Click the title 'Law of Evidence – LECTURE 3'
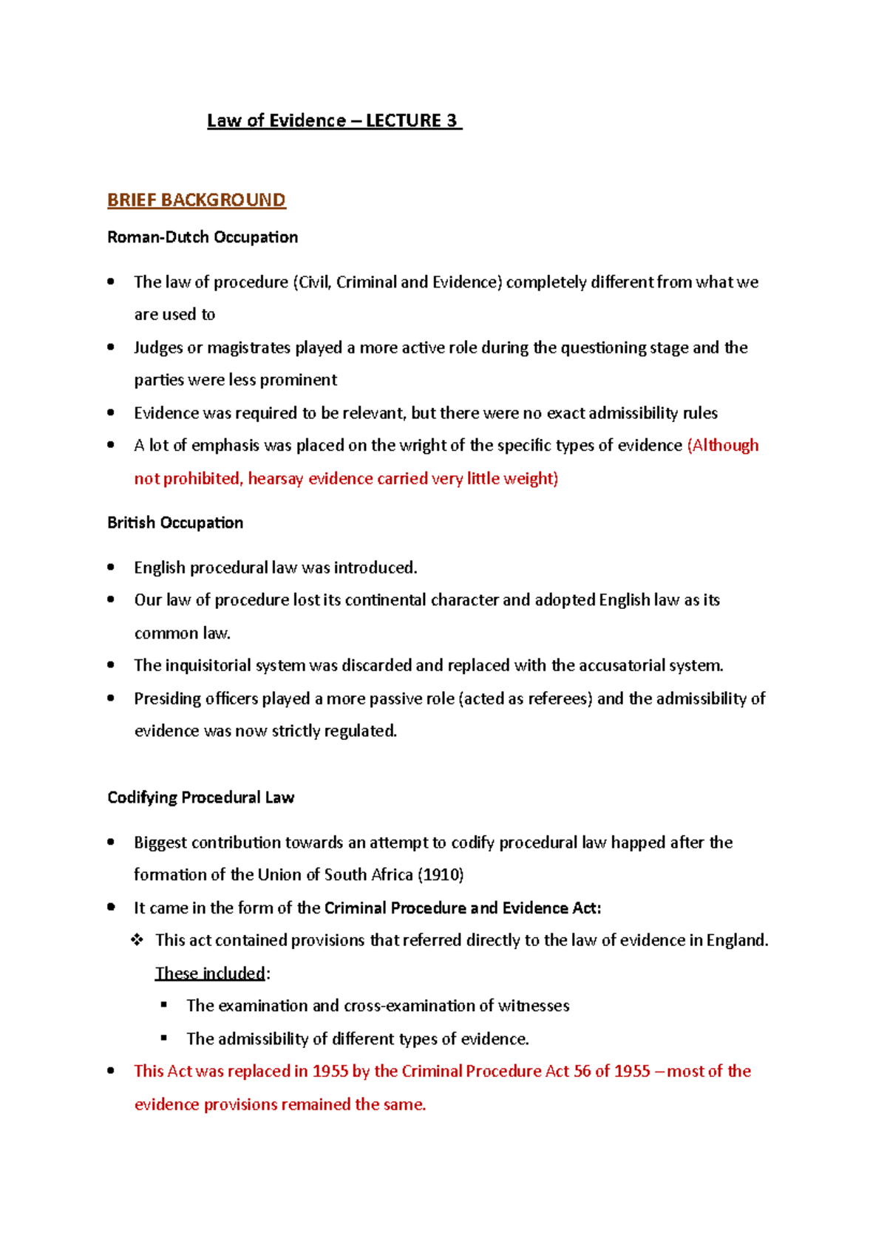pyautogui.click(x=334, y=120)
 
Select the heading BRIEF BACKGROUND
pyautogui.click(x=196, y=200)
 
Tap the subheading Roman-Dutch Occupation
pyautogui.click(x=203, y=237)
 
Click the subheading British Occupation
pyautogui.click(x=175, y=523)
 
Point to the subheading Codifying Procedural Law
pyautogui.click(x=200, y=797)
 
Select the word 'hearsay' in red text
pyautogui.click(x=276, y=479)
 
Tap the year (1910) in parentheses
pyautogui.click(x=441, y=875)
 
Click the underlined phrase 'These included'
pyautogui.click(x=210, y=973)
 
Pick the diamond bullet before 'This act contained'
pyautogui.click(x=137, y=940)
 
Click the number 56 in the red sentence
pyautogui.click(x=582, y=1072)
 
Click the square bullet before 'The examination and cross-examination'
pyautogui.click(x=164, y=1005)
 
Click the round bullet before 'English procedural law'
pyautogui.click(x=111, y=567)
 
